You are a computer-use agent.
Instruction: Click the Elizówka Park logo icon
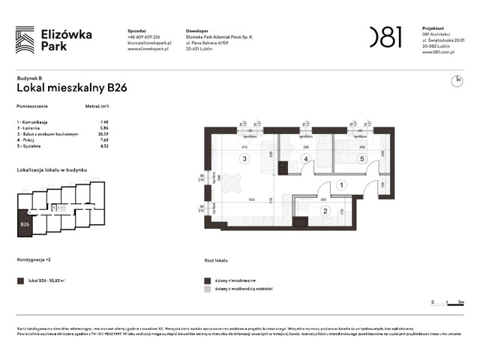25,40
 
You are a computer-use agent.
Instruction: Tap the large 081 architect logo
385,37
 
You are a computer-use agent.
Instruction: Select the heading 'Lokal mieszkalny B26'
71,88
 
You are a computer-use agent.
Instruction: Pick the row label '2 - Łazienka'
32,127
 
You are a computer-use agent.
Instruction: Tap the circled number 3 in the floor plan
243,159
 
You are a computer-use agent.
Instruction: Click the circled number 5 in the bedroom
361,159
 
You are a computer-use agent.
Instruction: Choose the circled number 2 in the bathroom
325,211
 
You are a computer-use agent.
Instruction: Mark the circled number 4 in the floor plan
305,159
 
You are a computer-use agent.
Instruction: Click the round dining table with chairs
232,182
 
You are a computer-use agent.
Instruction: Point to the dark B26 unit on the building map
25,224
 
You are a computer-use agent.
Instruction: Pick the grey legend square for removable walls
207,289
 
